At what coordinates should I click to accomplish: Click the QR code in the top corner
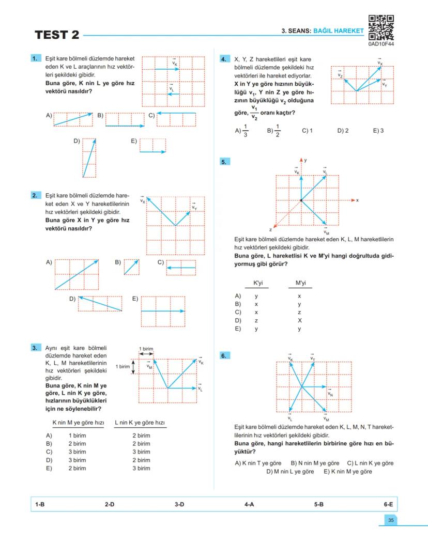(381, 27)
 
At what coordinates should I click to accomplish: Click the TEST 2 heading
(57, 35)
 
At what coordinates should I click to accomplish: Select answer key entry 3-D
(179, 504)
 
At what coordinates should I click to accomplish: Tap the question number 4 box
(224, 59)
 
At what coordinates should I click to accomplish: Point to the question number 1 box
(36, 59)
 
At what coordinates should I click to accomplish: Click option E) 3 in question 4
(378, 131)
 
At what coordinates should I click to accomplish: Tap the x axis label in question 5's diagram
(357, 200)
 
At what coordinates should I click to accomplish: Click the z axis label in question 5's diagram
(270, 229)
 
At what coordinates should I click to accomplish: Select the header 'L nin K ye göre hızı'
(141, 423)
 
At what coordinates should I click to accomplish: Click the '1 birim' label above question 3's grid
(147, 349)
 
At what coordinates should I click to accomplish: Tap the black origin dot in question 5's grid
(301, 200)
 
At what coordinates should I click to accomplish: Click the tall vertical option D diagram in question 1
(89, 158)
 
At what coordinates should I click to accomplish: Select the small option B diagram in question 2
(131, 267)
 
